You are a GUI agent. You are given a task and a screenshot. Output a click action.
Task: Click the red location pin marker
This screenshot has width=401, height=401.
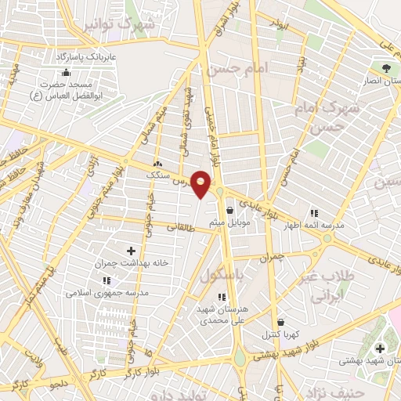[x=201, y=184]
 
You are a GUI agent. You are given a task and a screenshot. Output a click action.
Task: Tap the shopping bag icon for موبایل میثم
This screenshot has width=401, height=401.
[x=229, y=210]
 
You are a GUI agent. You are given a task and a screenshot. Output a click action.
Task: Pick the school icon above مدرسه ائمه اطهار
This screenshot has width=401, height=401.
[x=314, y=212]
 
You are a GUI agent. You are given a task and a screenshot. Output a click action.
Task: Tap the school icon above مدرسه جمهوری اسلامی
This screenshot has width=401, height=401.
[x=107, y=280]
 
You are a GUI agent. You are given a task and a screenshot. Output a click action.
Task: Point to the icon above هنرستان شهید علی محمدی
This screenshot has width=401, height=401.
[x=222, y=297]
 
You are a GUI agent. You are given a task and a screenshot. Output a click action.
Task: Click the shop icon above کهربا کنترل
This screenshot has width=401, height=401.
[x=280, y=321]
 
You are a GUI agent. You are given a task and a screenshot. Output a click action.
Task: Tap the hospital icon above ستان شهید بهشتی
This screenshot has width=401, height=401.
[x=381, y=348]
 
